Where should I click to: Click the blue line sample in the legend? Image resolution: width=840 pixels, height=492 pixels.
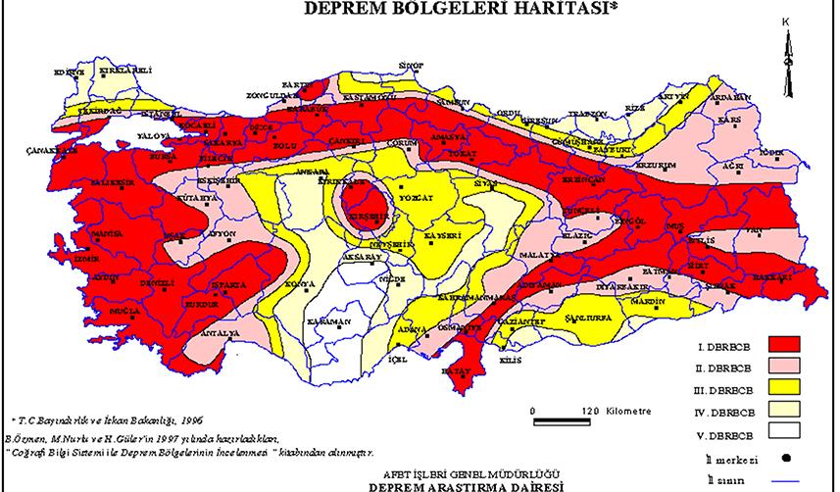(x=783, y=479)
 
